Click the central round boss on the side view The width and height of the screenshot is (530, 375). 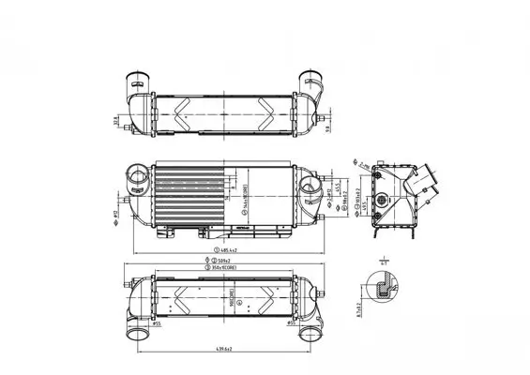[x=382, y=200]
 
